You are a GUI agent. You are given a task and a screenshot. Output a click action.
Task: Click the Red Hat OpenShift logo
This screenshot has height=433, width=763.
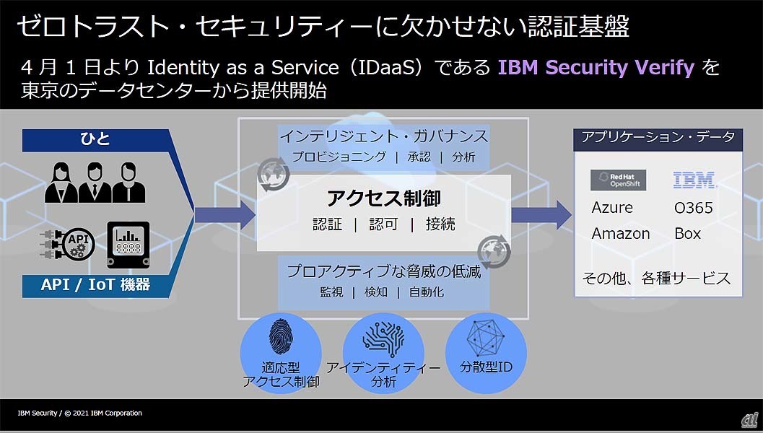point(618,180)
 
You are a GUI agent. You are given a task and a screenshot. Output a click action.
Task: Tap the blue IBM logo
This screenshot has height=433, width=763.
point(693,180)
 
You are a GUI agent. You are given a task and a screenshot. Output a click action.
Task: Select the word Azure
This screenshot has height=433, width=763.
point(611,208)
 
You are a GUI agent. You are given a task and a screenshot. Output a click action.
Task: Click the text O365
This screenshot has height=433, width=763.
point(693,208)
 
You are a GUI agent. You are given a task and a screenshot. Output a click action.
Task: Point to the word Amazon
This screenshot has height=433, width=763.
point(620,234)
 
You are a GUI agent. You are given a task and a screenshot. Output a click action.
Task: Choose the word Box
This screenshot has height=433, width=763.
point(687,234)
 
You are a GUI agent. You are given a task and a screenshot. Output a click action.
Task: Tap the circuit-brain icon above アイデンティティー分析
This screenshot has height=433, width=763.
point(383,339)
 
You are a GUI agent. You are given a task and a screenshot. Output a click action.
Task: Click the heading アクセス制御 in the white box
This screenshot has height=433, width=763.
point(383,198)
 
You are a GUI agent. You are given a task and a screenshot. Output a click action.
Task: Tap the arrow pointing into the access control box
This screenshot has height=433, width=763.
point(224,214)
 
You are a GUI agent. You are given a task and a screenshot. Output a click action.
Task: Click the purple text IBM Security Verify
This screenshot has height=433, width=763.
point(596,68)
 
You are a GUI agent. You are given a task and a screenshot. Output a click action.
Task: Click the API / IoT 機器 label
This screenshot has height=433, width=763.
point(95,284)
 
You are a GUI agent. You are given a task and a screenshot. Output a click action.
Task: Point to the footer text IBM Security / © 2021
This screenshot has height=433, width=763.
point(79,414)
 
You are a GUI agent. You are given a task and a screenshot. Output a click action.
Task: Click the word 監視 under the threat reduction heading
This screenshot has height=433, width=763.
point(331,292)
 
